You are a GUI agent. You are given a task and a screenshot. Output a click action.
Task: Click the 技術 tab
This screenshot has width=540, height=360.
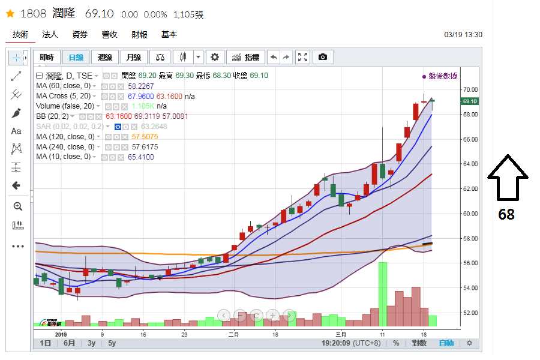[x=20, y=35]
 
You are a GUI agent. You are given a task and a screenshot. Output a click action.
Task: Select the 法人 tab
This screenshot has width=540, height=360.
[x=50, y=35]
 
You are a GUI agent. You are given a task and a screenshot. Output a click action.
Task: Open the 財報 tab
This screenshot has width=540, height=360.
[x=139, y=35]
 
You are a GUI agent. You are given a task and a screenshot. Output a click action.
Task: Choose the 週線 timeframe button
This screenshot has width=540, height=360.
[x=105, y=57]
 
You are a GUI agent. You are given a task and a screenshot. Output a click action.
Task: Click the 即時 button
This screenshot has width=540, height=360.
[x=46, y=57]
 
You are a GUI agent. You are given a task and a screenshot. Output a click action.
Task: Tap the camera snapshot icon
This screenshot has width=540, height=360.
[x=323, y=57]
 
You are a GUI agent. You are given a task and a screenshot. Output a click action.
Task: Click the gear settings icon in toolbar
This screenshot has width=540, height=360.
[x=215, y=57]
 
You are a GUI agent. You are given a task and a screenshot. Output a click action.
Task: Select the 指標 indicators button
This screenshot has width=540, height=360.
[x=245, y=57]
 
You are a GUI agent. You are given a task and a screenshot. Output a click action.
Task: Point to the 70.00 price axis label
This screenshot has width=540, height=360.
[x=470, y=89]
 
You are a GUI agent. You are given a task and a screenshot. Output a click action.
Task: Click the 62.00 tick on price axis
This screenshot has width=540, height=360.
[x=470, y=189]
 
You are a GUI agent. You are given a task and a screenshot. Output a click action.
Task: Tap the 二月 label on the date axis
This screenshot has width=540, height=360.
[x=233, y=334]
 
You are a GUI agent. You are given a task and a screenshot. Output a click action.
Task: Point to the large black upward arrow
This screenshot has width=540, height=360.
[x=507, y=177]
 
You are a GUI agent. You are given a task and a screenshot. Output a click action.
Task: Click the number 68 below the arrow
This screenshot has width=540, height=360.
[x=506, y=214]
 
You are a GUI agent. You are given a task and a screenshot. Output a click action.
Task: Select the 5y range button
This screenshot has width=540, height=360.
[x=112, y=343]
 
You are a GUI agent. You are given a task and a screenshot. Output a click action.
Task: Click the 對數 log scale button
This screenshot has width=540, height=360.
[x=418, y=343]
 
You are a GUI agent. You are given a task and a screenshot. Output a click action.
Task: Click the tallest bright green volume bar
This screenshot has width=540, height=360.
[x=383, y=294]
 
